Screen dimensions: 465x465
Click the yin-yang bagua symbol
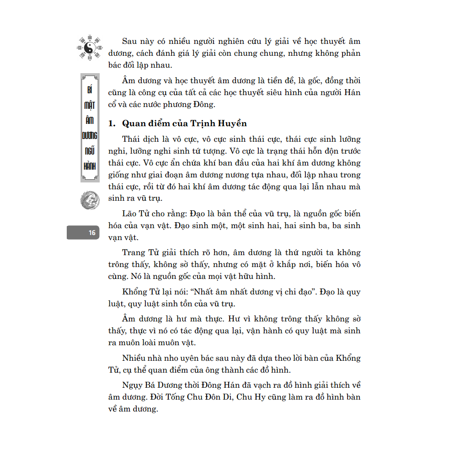point(90,48)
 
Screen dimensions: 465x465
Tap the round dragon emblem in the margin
point(90,200)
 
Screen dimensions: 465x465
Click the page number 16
point(92,233)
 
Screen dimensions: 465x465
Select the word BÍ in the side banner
point(90,90)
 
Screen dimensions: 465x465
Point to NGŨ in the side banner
point(90,151)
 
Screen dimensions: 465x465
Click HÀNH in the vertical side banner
point(90,166)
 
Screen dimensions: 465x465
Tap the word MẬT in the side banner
point(90,105)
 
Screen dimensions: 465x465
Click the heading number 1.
point(111,123)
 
